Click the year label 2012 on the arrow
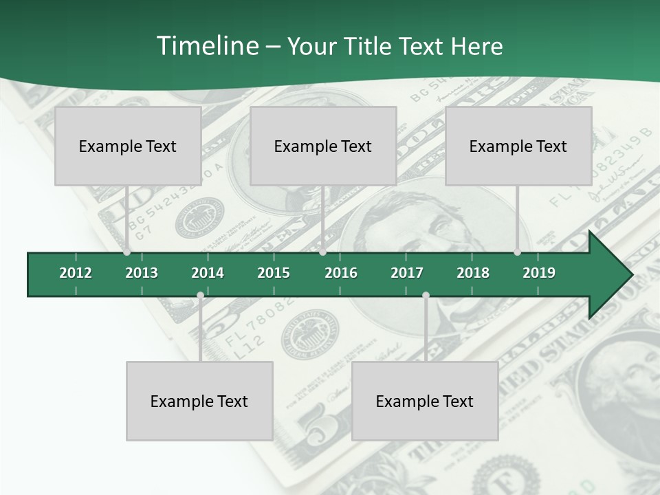(76, 273)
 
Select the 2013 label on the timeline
(142, 273)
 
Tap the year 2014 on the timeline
(208, 273)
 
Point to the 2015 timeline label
(274, 273)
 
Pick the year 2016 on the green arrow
(341, 273)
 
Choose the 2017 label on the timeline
(407, 273)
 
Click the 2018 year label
(473, 273)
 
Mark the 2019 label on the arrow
(539, 273)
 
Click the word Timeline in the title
(207, 46)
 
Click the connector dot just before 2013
(127, 252)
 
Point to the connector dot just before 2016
(323, 252)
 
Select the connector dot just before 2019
(518, 252)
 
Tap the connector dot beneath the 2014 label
(200, 296)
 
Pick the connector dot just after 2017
(426, 296)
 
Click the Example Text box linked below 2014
(199, 401)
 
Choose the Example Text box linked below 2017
(425, 401)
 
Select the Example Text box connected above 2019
(518, 146)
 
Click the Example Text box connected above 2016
(323, 146)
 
